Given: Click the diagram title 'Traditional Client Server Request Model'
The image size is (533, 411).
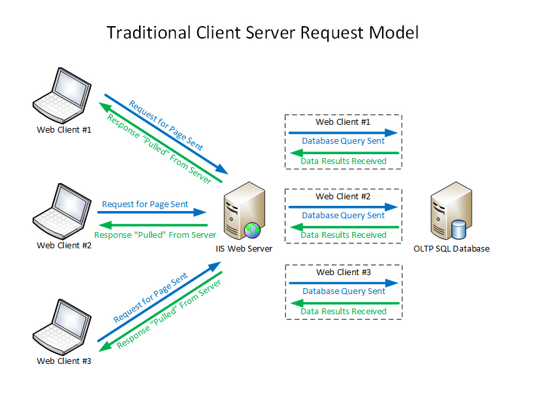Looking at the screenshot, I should (262, 33).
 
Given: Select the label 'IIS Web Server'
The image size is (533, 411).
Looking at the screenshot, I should (244, 249).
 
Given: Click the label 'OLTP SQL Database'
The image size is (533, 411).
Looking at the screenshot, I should (451, 249).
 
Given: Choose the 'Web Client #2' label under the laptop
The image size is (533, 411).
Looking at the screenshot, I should (63, 246).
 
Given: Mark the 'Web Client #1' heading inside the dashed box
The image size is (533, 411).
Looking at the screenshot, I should (343, 122).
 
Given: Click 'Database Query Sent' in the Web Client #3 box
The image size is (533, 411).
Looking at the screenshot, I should (344, 291).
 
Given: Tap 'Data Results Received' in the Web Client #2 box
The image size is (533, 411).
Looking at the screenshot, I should (344, 235).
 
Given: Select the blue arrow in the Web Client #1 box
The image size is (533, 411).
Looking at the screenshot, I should (344, 132).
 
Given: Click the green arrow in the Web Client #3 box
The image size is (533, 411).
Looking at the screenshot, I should (344, 303).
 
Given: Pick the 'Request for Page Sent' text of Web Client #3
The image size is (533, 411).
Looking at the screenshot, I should (151, 298).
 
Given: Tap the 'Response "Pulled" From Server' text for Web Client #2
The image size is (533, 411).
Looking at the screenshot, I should (155, 235).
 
